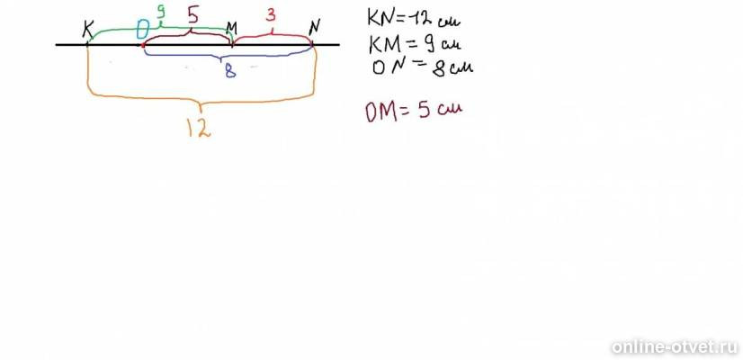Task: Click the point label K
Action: coord(87,29)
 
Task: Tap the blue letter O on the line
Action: coord(143,30)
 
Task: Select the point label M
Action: coord(231,30)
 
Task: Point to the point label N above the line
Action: coord(314,29)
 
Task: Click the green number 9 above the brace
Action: coord(161,13)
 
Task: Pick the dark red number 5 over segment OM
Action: coord(192,15)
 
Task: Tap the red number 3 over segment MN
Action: coord(271,15)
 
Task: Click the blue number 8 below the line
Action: coord(230,71)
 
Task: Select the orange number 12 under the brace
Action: coord(199,127)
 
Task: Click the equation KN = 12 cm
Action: coord(414,19)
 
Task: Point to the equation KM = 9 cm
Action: coord(415,45)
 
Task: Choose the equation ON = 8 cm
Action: coord(423,67)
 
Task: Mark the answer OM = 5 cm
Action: coord(413,111)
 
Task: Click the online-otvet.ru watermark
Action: coord(675,346)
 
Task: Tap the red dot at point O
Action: coord(143,45)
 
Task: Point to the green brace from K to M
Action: coord(160,30)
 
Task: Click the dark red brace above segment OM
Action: coord(190,33)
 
